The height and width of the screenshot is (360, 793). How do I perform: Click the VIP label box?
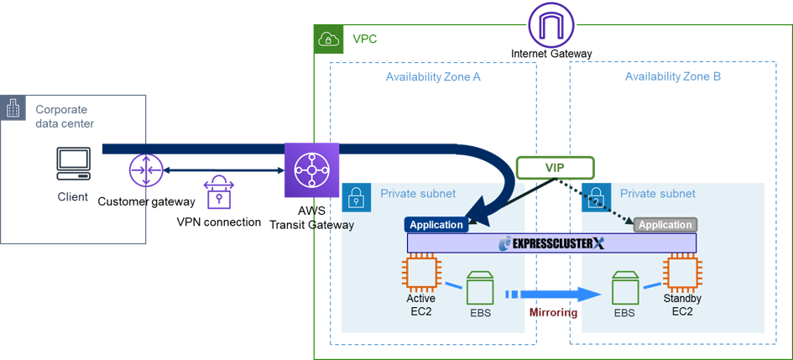(555, 168)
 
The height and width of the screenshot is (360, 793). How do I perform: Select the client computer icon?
(74, 164)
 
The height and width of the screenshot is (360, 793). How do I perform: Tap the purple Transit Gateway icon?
(312, 170)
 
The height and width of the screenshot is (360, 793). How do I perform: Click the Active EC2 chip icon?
(420, 273)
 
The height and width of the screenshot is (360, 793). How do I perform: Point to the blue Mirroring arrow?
(554, 295)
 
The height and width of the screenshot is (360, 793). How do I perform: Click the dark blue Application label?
(436, 225)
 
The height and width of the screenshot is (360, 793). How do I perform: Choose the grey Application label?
(665, 225)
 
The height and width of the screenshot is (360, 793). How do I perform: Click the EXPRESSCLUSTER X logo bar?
(551, 243)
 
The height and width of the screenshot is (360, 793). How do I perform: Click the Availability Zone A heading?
(432, 76)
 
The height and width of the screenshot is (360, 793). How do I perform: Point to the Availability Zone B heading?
(672, 76)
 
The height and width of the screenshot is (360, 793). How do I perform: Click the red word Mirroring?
(553, 312)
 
